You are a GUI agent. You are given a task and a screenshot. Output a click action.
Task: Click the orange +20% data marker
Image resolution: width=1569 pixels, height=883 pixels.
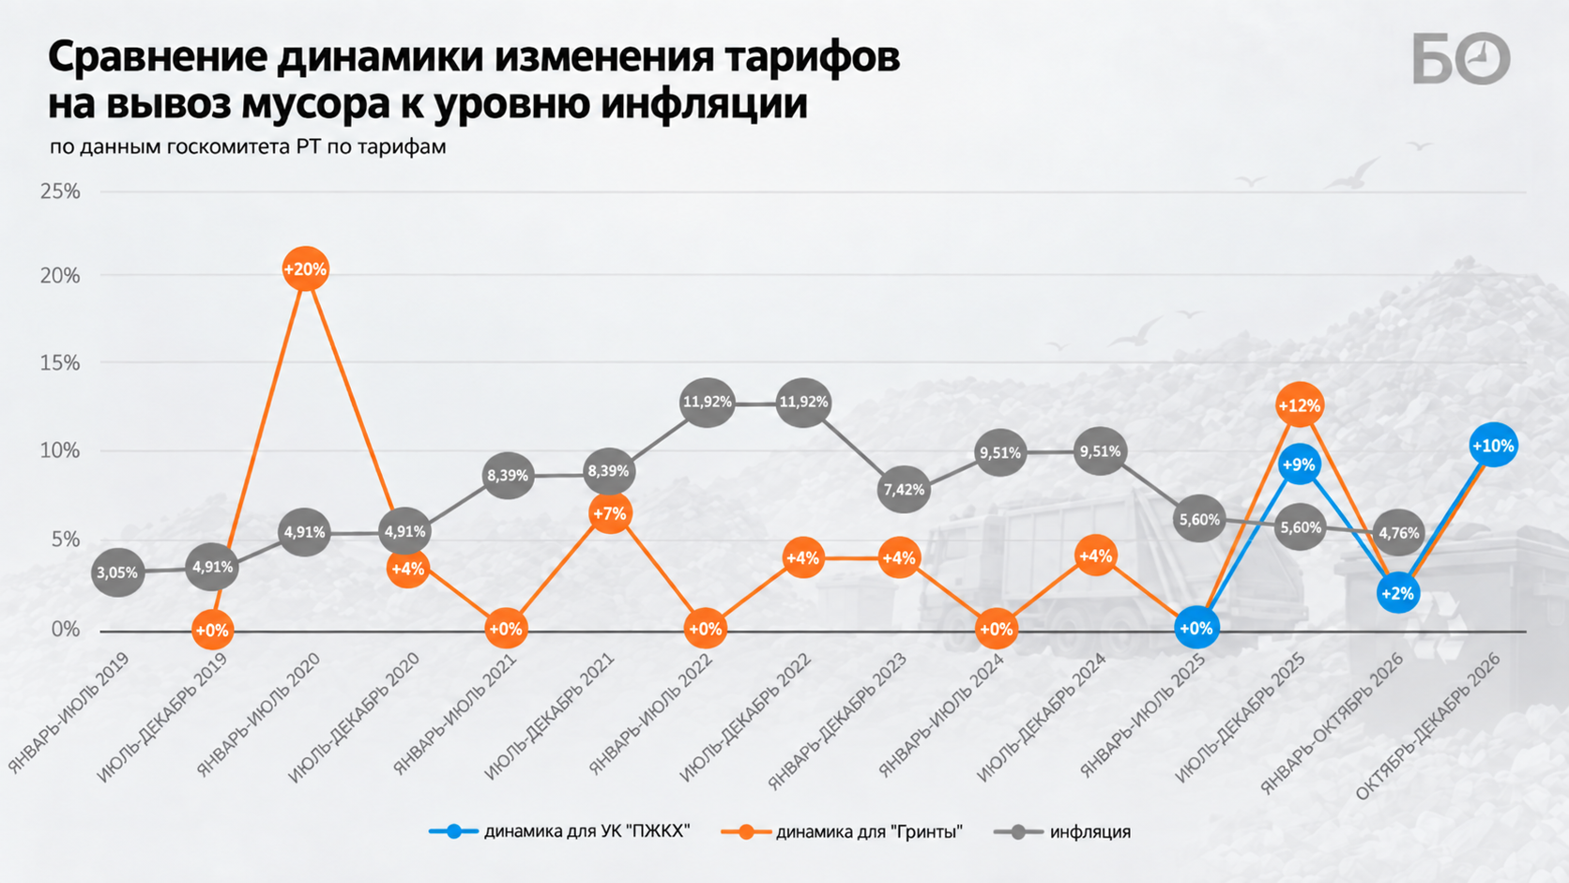tap(305, 269)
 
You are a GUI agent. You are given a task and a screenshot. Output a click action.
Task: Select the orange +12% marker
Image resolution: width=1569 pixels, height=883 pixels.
tap(1300, 405)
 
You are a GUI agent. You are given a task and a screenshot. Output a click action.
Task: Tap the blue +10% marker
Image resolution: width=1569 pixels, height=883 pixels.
tap(1493, 446)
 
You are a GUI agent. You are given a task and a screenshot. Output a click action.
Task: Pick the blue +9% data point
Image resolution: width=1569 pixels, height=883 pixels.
tap(1300, 464)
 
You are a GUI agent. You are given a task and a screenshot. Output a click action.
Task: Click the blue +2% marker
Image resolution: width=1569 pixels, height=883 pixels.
tap(1398, 593)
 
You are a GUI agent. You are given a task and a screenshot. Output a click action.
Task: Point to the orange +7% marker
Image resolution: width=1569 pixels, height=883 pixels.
tap(610, 513)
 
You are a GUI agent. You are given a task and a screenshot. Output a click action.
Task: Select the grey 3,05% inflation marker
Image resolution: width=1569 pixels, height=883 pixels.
tap(117, 572)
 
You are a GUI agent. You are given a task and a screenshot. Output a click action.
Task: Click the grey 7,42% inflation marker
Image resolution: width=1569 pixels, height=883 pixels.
tap(904, 490)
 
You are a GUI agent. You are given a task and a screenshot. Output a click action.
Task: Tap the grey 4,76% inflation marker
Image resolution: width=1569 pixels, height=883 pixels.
tap(1399, 534)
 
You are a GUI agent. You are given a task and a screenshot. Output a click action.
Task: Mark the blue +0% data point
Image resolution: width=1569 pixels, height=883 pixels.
tap(1196, 628)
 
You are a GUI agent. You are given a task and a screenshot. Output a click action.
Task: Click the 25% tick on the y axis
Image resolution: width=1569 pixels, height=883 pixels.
tap(60, 191)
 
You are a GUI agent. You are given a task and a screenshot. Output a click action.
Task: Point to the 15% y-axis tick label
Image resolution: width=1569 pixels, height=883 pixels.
tap(60, 363)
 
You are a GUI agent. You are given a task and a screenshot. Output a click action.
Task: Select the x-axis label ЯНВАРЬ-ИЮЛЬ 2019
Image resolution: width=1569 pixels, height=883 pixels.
tap(69, 713)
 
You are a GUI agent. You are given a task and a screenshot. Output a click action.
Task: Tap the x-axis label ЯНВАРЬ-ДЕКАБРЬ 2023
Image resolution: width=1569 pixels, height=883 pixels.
tap(837, 722)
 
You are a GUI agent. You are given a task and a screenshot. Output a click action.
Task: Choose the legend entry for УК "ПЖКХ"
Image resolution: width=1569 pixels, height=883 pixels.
tap(559, 832)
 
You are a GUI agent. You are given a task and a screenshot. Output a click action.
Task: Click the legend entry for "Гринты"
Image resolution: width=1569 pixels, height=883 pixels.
tap(842, 832)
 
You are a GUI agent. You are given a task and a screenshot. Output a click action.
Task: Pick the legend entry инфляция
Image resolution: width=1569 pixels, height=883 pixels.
tap(1062, 832)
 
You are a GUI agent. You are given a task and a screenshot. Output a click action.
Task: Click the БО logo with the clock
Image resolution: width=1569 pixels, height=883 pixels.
tap(1461, 58)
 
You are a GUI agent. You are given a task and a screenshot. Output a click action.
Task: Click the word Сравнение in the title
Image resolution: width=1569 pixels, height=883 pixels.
tap(158, 57)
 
